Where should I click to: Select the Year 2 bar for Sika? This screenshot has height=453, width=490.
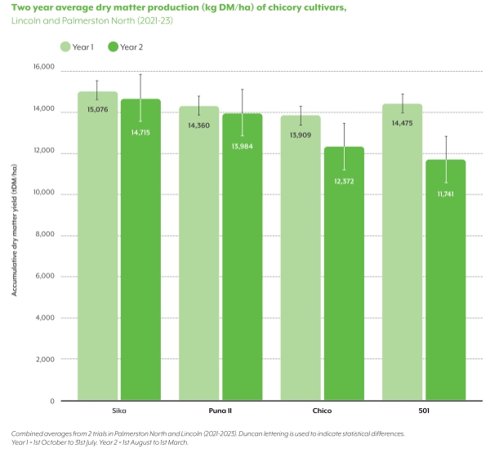[x=140, y=261]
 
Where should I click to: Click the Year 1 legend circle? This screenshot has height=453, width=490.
[x=65, y=47]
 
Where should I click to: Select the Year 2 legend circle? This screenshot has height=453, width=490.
[x=113, y=47]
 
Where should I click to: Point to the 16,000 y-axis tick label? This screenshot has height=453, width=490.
[x=43, y=68]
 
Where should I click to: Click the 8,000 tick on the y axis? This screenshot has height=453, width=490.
[x=45, y=234]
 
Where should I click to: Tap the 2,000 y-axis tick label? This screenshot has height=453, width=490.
[x=45, y=359]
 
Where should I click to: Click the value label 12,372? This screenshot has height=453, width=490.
[x=344, y=180]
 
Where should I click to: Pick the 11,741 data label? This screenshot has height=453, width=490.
[x=446, y=193]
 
